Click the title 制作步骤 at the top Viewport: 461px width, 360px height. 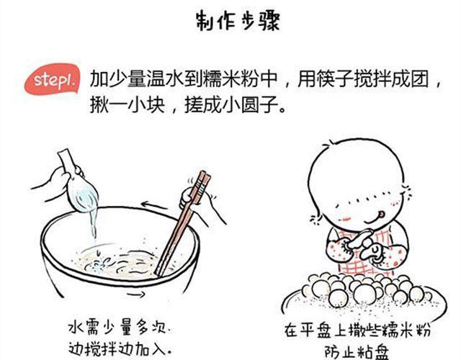(238, 21)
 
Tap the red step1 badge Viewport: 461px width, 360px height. (53, 80)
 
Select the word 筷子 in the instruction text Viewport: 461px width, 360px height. (334, 79)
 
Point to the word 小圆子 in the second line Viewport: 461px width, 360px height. (250, 105)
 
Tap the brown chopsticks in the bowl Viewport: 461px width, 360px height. (183, 223)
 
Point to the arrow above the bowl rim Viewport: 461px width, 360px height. (153, 205)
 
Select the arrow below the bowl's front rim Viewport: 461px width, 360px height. (136, 294)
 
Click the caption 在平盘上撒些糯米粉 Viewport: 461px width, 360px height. (357, 330)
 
